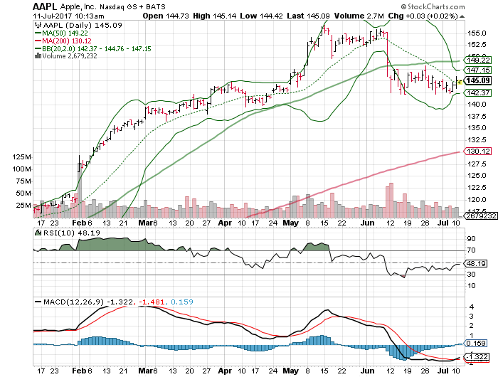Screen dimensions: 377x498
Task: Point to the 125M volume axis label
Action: click(x=21, y=156)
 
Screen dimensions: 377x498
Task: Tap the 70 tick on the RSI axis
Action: click(x=471, y=250)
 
